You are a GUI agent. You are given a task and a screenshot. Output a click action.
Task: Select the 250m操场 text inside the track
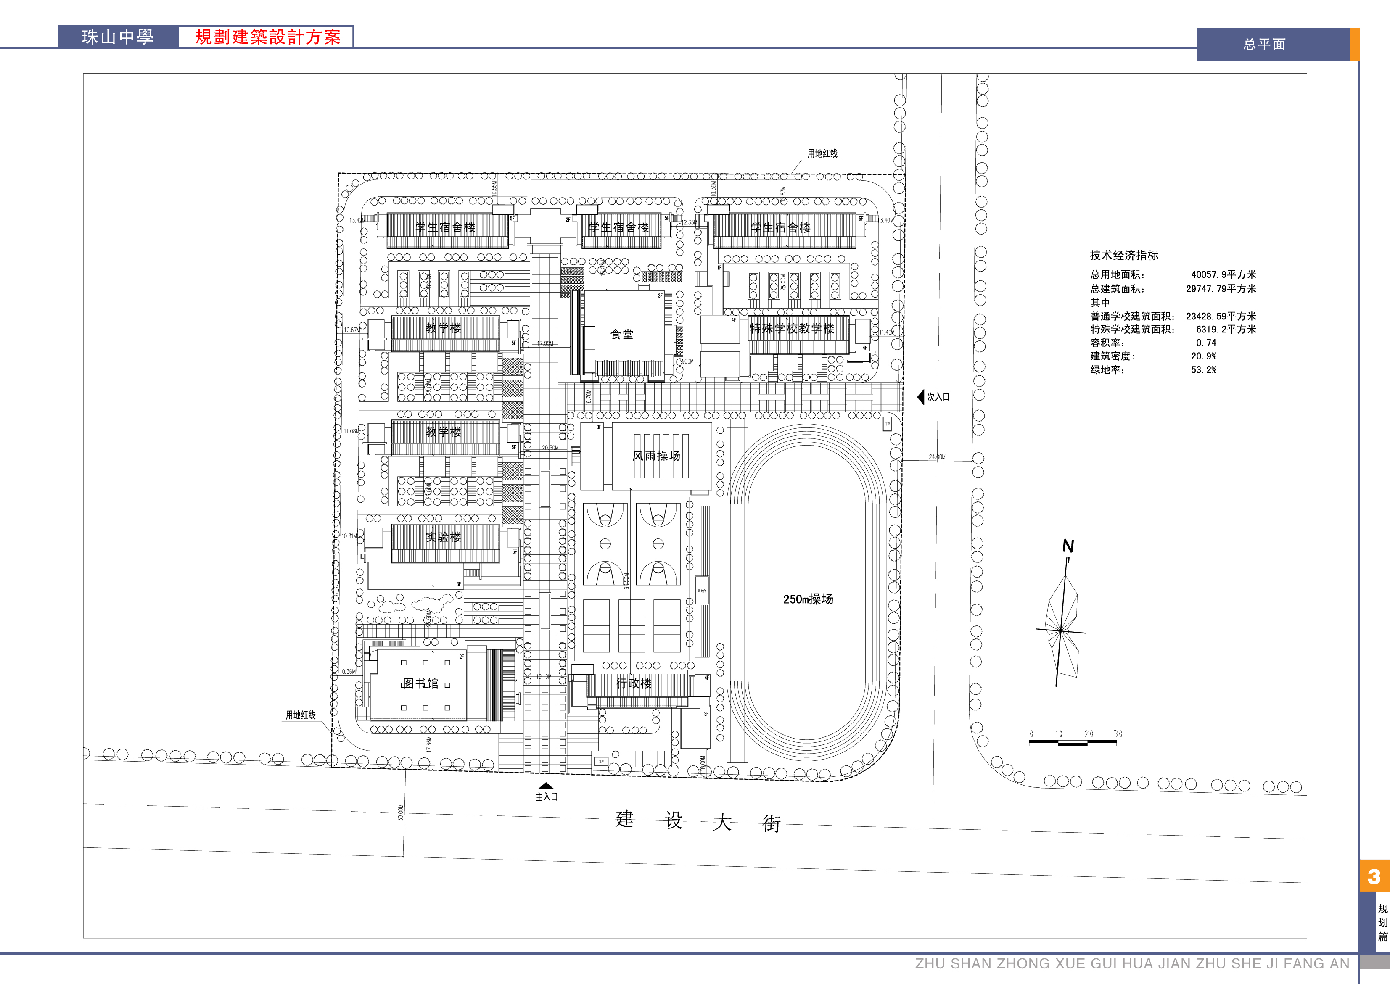808,599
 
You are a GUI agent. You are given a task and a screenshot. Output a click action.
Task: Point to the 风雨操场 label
656,456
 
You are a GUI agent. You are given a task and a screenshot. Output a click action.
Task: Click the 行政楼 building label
634,683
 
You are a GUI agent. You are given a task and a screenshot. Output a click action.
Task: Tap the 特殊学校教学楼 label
792,328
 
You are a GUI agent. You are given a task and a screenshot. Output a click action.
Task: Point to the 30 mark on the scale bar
1118,734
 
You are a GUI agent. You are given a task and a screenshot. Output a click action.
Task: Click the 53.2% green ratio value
1203,369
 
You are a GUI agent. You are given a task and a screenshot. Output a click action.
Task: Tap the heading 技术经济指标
1124,255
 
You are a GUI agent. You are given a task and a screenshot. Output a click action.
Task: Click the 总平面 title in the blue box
1265,44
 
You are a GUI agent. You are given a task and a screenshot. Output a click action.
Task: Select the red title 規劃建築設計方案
267,37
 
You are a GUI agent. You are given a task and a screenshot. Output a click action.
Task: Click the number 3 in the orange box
1374,876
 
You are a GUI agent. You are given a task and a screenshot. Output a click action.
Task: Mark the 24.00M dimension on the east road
937,457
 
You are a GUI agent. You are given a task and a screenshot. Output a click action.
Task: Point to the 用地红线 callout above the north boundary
822,154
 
